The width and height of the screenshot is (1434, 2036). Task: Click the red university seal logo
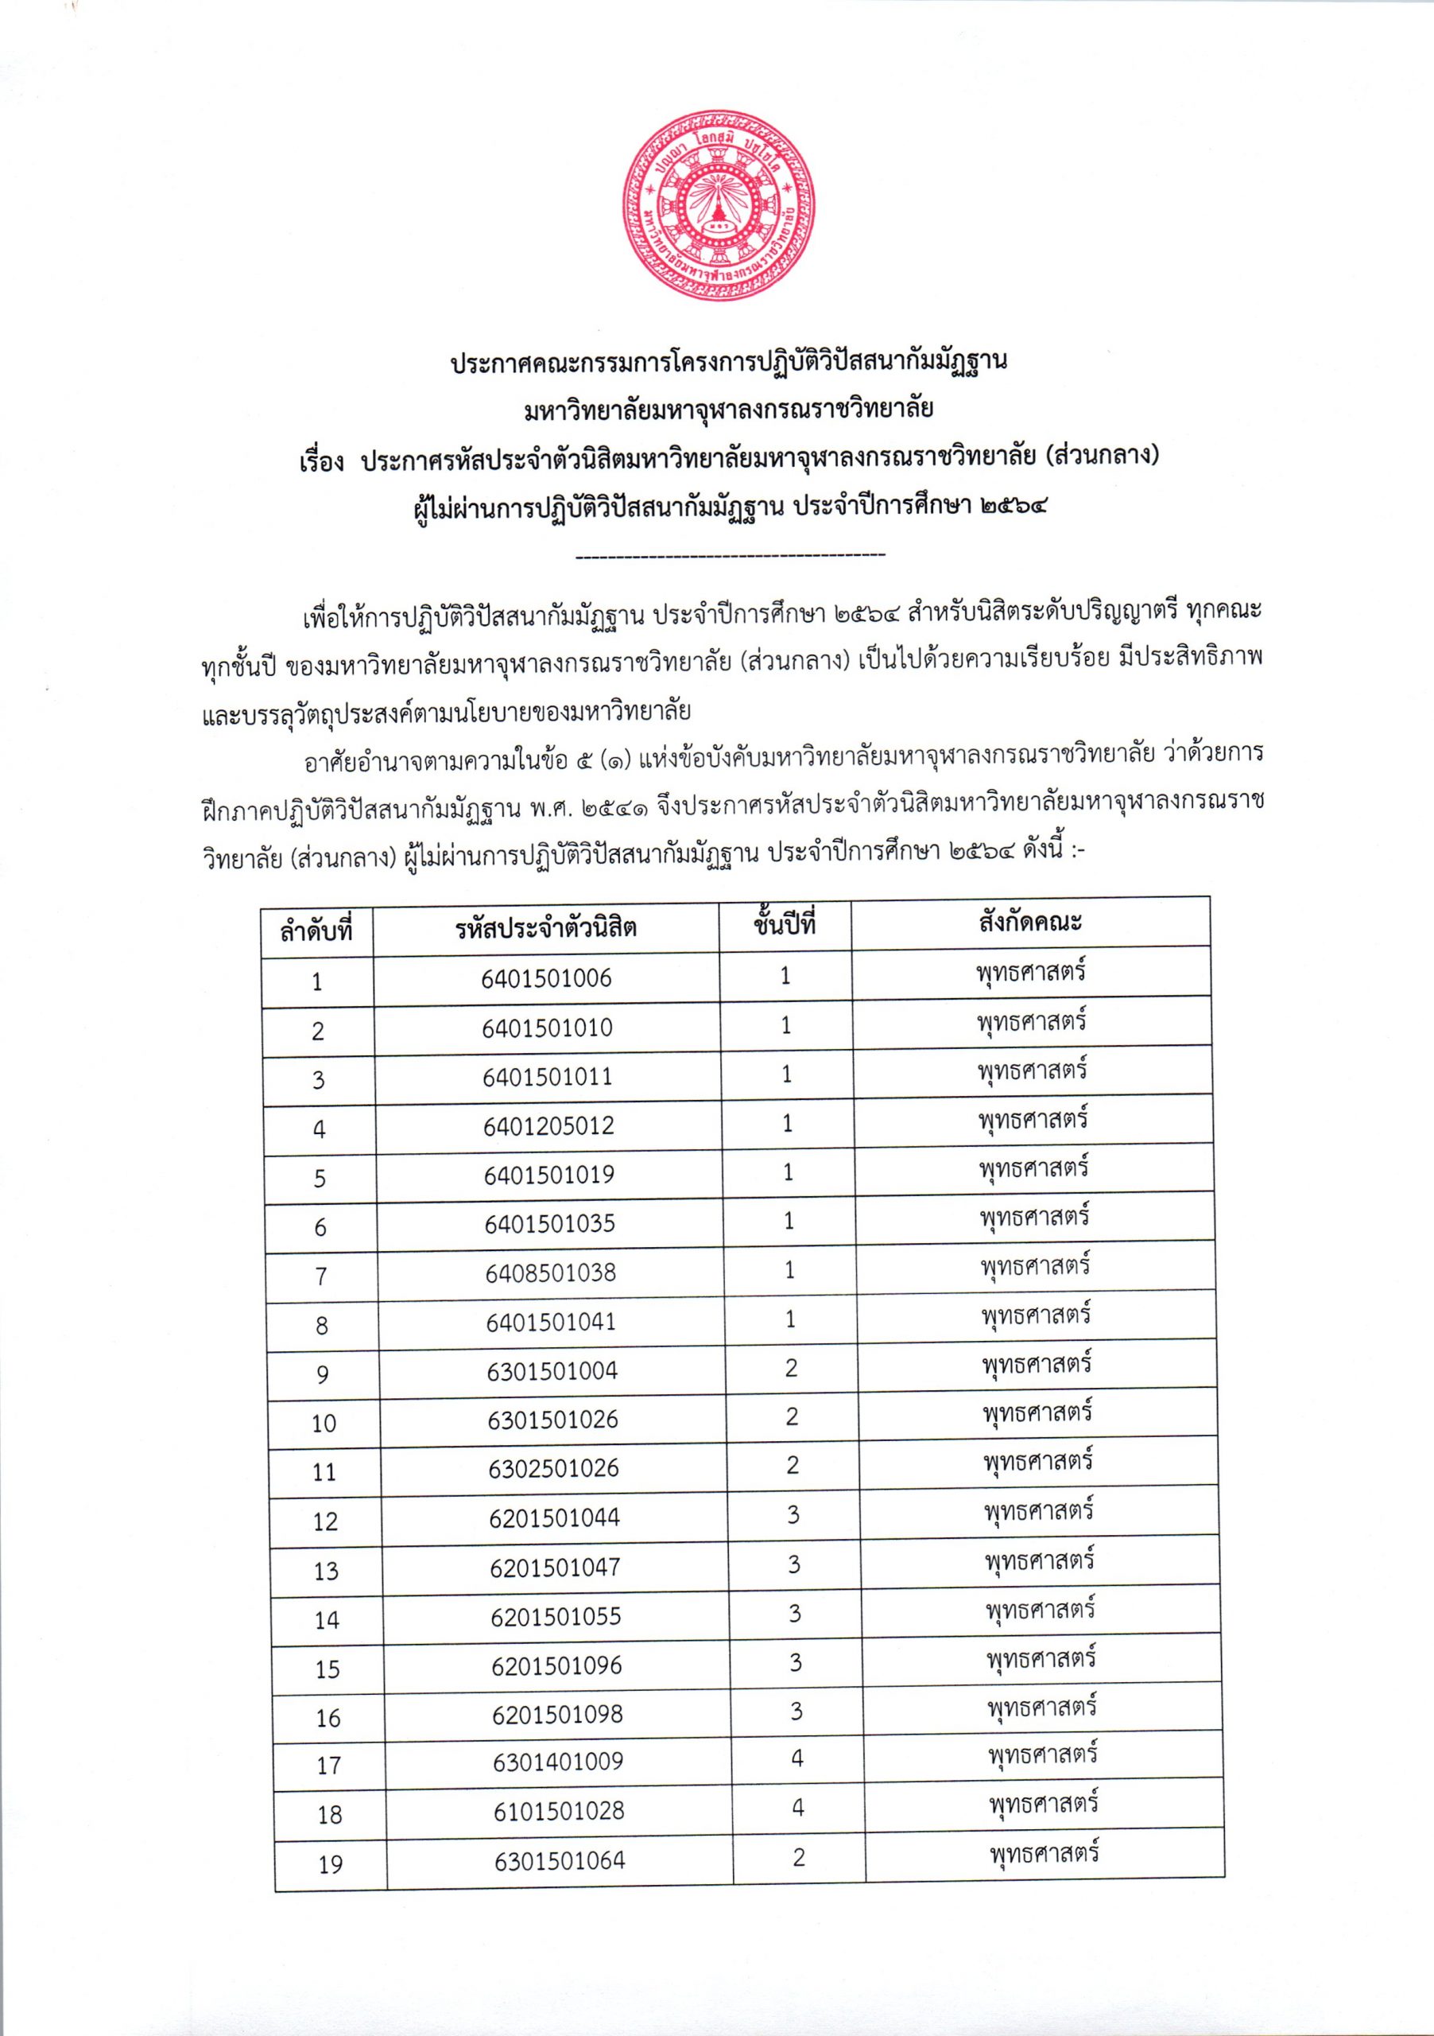719,205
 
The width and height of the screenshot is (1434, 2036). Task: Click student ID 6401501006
546,978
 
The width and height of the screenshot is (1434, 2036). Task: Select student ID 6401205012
548,1125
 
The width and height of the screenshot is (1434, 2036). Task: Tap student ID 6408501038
550,1272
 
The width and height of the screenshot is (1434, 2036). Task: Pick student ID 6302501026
553,1468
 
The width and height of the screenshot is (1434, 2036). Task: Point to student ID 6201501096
556,1665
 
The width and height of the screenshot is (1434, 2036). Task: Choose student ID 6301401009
558,1761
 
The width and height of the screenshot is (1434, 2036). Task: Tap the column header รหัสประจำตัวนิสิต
546,928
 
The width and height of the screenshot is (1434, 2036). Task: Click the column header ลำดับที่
316,932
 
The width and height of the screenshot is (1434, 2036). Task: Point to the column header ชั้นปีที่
785,925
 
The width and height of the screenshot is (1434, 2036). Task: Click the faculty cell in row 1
1031,972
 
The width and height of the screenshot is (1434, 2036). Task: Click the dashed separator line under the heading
731,556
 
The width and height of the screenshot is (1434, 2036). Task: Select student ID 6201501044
554,1517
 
